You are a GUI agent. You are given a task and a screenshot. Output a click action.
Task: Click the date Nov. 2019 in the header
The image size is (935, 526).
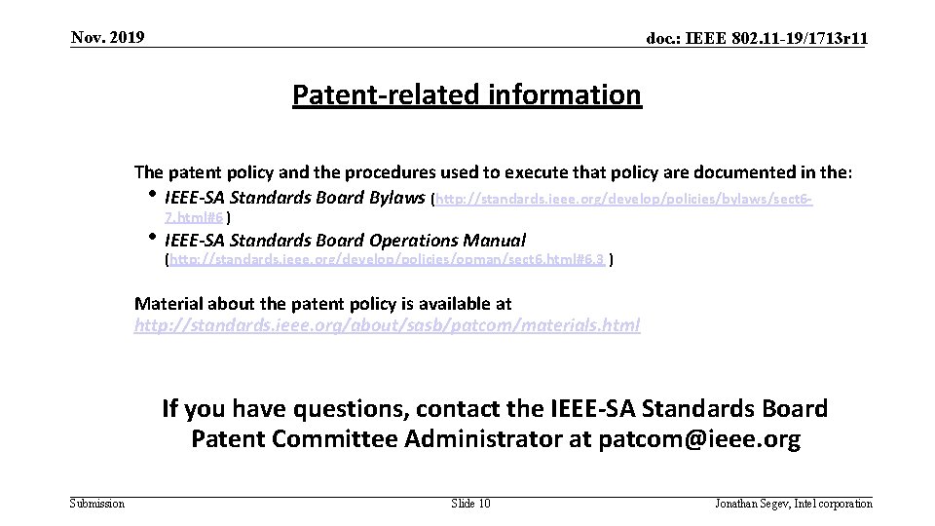[x=107, y=38]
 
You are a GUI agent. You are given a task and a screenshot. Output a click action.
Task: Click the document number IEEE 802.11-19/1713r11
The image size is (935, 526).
[x=759, y=39]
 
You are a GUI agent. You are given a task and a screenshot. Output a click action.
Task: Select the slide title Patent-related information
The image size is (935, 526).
[x=467, y=95]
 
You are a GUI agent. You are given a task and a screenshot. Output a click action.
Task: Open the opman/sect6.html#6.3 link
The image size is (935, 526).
[x=389, y=260]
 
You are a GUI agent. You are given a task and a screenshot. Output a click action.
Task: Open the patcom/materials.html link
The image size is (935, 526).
[x=387, y=325]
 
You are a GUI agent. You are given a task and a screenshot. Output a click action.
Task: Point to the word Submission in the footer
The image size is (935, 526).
[x=97, y=504]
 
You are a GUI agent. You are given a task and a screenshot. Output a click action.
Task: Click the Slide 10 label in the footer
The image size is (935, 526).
[x=471, y=504]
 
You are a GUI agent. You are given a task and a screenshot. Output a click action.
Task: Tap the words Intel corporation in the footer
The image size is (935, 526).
[x=836, y=504]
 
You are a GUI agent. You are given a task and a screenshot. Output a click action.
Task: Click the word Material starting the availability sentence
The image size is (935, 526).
[x=167, y=304]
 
